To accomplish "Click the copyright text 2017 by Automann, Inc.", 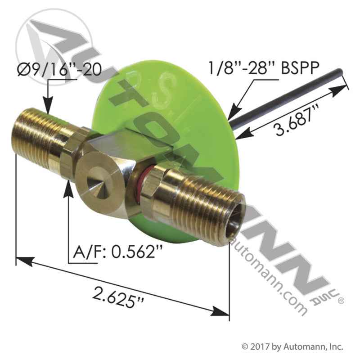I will coord(292,347).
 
